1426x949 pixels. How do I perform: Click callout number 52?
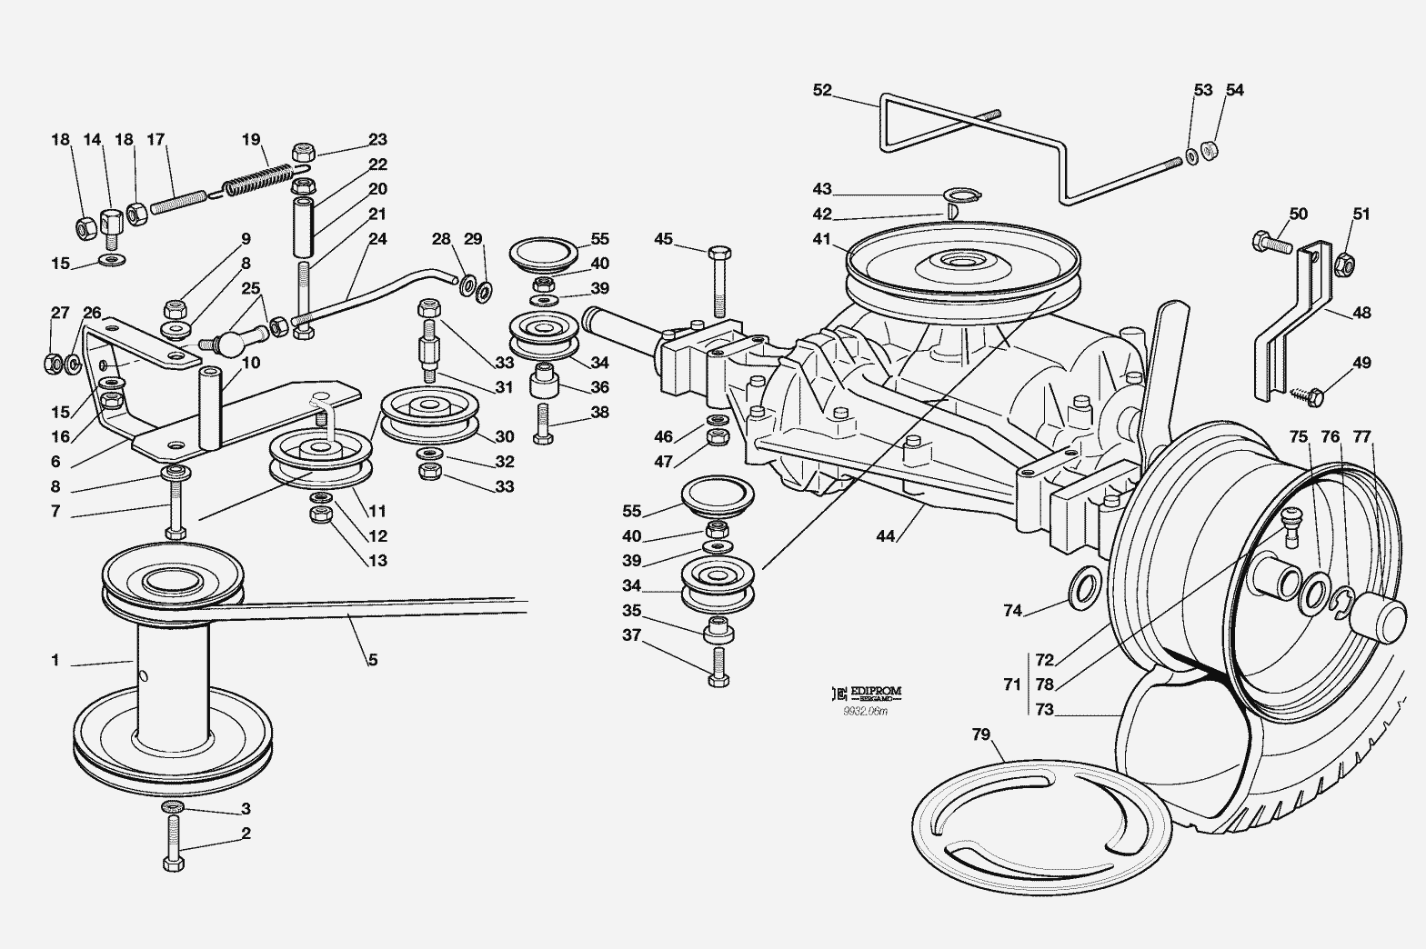[822, 90]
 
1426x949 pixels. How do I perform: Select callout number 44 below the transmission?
[886, 536]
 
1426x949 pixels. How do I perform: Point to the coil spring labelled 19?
[259, 177]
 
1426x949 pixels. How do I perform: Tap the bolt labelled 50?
[1270, 243]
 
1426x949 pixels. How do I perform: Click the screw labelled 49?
[1311, 395]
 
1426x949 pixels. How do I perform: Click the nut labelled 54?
[1210, 150]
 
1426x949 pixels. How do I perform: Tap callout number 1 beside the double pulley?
[55, 661]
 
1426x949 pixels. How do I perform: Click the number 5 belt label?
[373, 659]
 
